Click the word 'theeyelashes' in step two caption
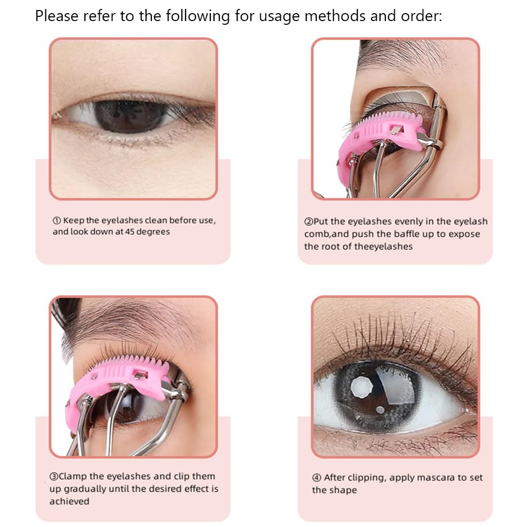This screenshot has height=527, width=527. [x=384, y=246]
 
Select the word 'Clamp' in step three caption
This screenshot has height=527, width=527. [x=73, y=476]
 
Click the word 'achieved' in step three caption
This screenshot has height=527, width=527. [x=70, y=501]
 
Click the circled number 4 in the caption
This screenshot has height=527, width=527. [x=316, y=477]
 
